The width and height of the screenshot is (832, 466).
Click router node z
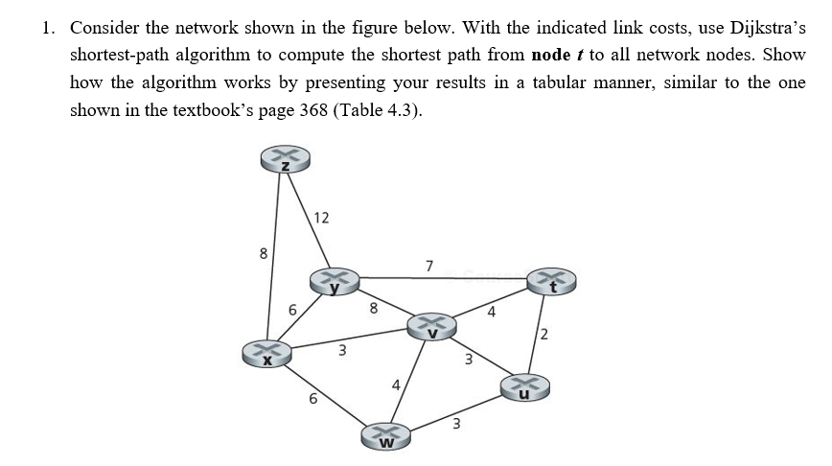click(284, 160)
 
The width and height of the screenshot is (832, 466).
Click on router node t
click(549, 280)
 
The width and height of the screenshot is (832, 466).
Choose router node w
click(386, 438)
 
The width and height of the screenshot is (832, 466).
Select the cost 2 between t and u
click(543, 335)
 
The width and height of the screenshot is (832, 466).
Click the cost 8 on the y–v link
click(374, 309)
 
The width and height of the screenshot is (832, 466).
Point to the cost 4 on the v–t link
click(490, 310)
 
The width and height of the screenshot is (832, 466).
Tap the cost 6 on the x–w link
click(311, 401)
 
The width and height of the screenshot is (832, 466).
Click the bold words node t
click(545, 55)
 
